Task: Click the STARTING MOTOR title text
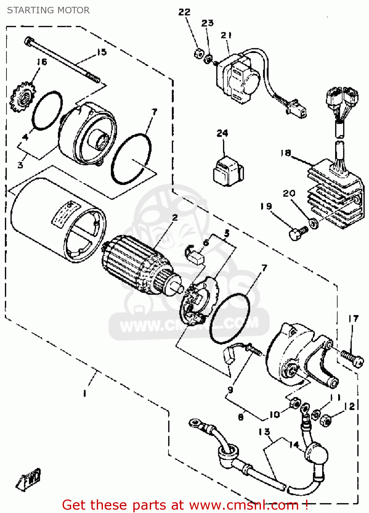[x=48, y=10]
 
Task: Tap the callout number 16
[x=42, y=62]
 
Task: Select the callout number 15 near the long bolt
[x=102, y=52]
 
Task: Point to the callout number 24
[x=222, y=133]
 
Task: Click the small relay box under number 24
[x=228, y=171]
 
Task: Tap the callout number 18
[x=286, y=153]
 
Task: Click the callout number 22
[x=184, y=12]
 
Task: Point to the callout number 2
[x=175, y=218]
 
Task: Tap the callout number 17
[x=354, y=319]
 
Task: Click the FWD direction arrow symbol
[x=29, y=479]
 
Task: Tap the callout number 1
[x=84, y=394]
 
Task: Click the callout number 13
[x=264, y=432]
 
